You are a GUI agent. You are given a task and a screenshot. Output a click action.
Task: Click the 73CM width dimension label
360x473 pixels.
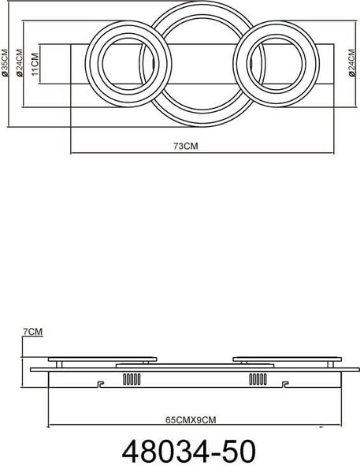click(186, 146)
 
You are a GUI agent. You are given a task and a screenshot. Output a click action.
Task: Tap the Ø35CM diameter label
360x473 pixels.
click(6, 63)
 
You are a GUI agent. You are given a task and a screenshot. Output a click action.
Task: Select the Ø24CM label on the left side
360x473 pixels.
click(20, 63)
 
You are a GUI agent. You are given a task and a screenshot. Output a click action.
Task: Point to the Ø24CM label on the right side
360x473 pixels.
click(352, 63)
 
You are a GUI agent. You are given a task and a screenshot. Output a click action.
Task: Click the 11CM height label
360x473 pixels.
click(35, 64)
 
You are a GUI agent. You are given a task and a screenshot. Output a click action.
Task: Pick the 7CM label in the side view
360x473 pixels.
click(33, 332)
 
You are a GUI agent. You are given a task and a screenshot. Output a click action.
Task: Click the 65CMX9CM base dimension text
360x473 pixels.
click(191, 419)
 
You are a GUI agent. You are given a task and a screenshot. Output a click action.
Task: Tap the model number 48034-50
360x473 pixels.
click(189, 451)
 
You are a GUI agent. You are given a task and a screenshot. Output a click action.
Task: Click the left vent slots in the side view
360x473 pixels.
click(132, 379)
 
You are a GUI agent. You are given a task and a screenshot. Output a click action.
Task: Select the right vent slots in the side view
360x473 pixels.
click(258, 379)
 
